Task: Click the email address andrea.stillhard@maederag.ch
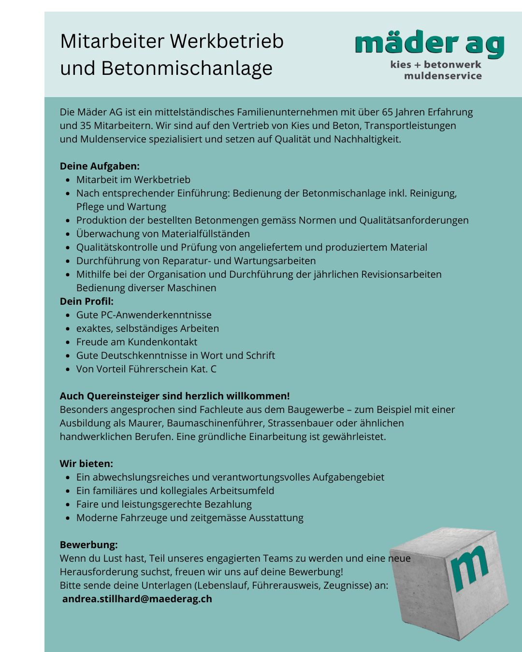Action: [137, 599]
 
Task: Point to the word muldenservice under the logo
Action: [443, 76]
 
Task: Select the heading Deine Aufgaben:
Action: [100, 166]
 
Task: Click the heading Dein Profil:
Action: [87, 301]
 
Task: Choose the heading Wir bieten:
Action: [87, 464]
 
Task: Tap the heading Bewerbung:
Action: [89, 545]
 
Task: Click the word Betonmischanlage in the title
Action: [187, 68]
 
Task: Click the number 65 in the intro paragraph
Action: [387, 112]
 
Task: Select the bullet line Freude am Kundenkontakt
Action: [137, 342]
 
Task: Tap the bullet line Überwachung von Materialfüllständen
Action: [163, 234]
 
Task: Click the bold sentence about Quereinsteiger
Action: [174, 396]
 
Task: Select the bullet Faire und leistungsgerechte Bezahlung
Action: [164, 504]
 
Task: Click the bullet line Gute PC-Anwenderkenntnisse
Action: [144, 315]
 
